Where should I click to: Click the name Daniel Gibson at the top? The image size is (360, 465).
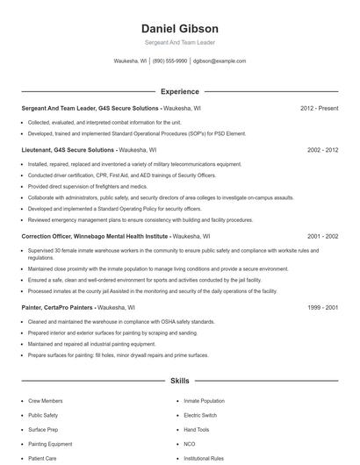tap(179, 28)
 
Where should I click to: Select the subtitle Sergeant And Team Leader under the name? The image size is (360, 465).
tap(179, 42)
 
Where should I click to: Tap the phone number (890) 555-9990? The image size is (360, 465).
tap(169, 61)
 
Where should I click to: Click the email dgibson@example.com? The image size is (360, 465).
tap(220, 61)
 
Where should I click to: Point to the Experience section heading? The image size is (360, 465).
tap(179, 91)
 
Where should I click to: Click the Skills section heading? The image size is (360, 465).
tap(179, 382)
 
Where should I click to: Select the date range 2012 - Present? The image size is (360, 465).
tap(319, 109)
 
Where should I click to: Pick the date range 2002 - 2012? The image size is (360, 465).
tap(322, 150)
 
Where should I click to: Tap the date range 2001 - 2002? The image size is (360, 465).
tap(322, 236)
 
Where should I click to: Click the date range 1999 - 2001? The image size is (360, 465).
tap(322, 308)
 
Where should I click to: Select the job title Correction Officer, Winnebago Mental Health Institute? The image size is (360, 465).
tap(95, 236)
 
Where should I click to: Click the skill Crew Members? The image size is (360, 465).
tap(45, 401)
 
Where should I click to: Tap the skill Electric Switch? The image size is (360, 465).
tap(201, 415)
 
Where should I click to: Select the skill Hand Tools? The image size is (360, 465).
tap(197, 430)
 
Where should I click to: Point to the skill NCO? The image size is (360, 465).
tap(189, 444)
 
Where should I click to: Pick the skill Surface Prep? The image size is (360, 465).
tap(44, 430)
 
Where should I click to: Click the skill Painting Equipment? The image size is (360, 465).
tap(51, 444)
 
